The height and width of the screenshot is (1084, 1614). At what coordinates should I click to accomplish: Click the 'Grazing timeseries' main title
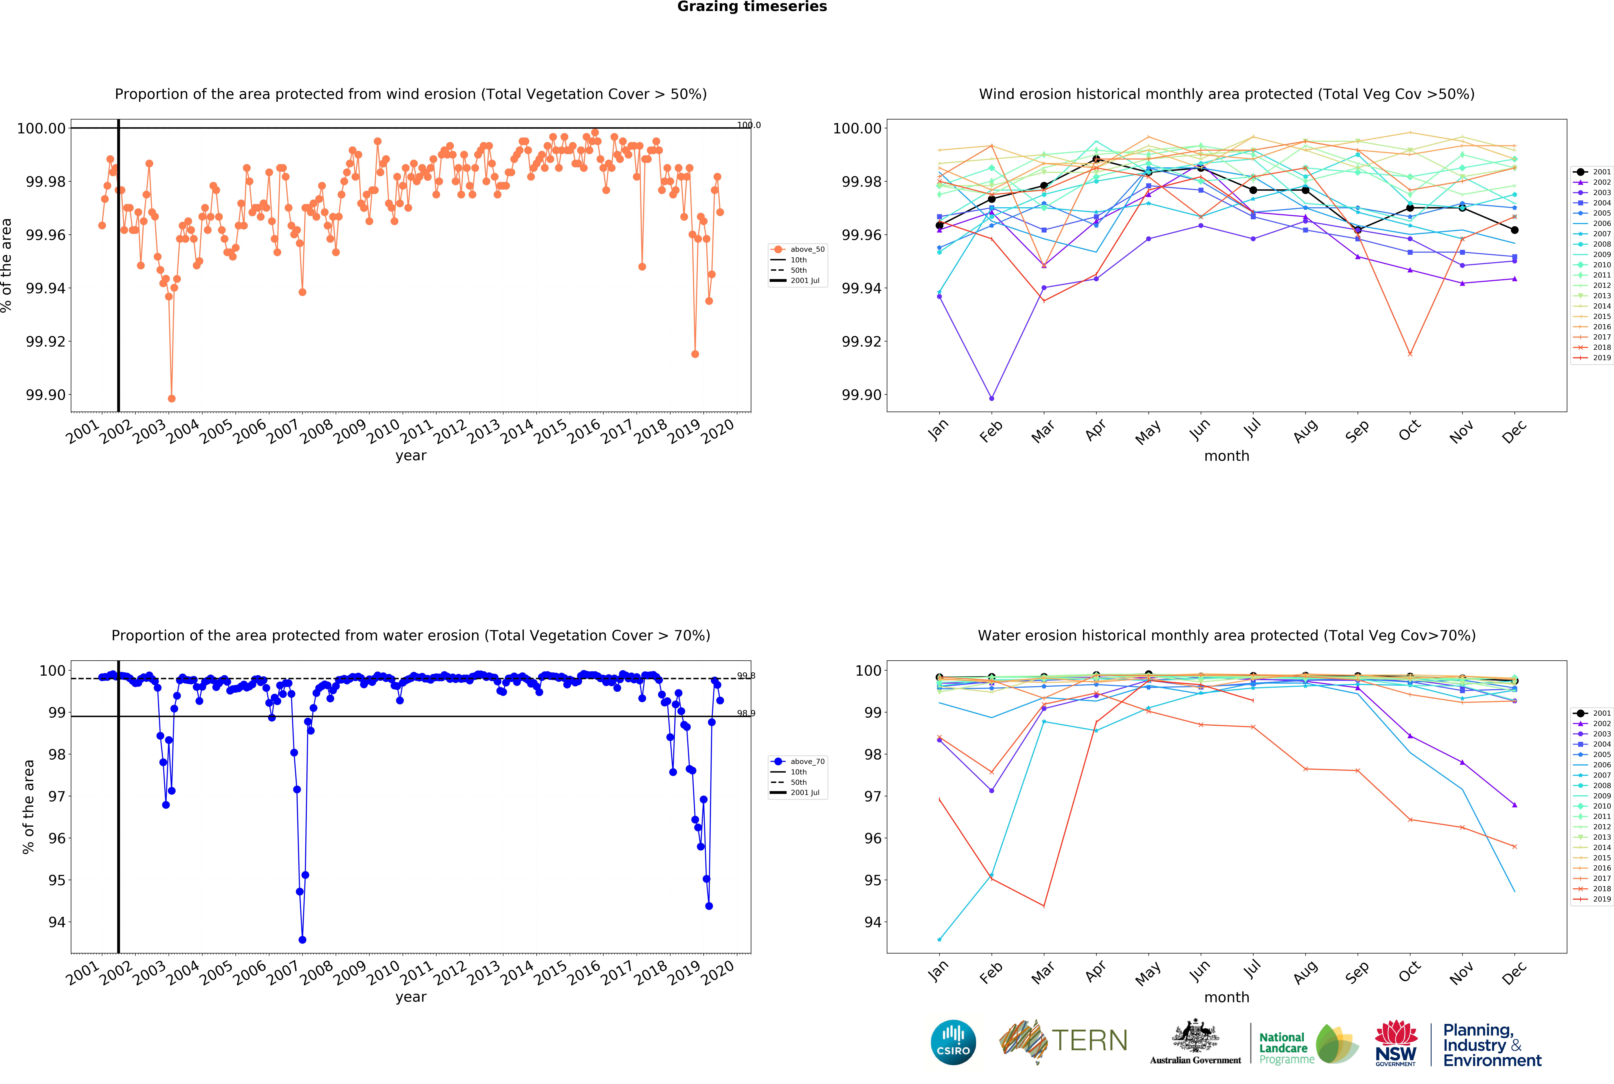tap(752, 7)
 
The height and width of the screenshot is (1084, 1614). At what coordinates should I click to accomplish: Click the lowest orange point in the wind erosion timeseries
tap(171, 398)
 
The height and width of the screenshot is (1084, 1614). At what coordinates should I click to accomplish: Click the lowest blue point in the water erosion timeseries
tap(302, 940)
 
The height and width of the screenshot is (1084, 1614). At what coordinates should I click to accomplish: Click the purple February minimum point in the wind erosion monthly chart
tap(992, 398)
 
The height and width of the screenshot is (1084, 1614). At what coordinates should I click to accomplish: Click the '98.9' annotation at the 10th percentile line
tap(746, 713)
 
